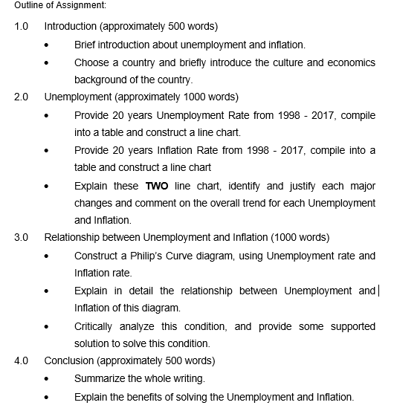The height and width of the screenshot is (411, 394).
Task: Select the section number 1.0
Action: click(x=21, y=26)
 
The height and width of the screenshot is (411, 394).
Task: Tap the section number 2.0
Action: click(x=21, y=97)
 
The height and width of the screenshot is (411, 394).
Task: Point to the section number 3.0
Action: click(x=21, y=238)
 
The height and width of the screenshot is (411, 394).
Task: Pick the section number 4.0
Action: click(x=21, y=361)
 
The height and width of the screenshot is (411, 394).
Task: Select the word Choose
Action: click(x=92, y=62)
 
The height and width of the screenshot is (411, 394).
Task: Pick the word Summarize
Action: click(x=102, y=379)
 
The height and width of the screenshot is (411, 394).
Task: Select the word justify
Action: click(x=294, y=185)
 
